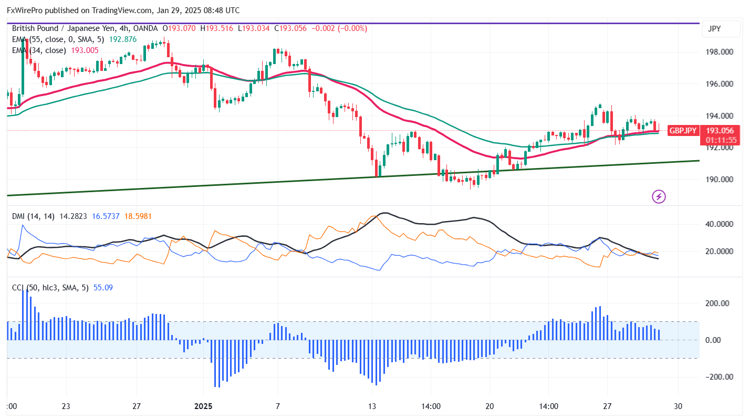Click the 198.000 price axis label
718,52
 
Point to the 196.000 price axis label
718,84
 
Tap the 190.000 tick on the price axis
718,180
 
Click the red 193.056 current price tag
719,131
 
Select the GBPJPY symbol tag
682,131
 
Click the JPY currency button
714,29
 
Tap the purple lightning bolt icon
659,197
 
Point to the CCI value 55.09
103,287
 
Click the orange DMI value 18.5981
138,216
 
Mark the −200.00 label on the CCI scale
716,377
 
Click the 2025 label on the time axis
204,406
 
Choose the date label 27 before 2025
137,406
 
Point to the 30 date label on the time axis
678,406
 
